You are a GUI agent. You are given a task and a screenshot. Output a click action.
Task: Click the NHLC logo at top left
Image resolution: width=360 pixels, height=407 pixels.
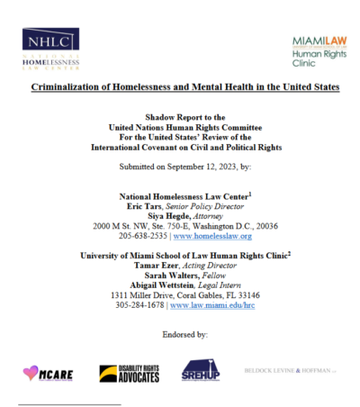tap(52, 50)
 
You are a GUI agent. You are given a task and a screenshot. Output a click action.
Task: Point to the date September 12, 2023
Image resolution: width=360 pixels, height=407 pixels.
tap(202, 167)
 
